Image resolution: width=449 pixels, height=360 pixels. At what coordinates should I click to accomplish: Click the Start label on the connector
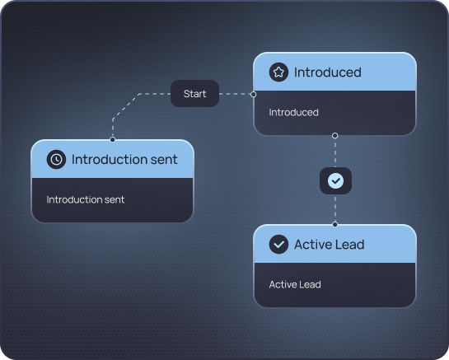pyautogui.click(x=194, y=94)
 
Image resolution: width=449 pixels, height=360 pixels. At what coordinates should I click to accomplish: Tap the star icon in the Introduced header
pyautogui.click(x=278, y=72)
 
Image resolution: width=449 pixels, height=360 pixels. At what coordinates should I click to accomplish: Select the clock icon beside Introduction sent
pyautogui.click(x=56, y=159)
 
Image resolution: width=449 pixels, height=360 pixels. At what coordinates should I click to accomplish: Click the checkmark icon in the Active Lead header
pyautogui.click(x=278, y=245)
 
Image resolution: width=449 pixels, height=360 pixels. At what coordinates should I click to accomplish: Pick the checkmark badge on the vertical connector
pyautogui.click(x=335, y=180)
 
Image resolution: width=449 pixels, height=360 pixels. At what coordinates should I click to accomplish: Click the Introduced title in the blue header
pyautogui.click(x=328, y=72)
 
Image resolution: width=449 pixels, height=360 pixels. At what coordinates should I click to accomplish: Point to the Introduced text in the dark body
pyautogui.click(x=293, y=112)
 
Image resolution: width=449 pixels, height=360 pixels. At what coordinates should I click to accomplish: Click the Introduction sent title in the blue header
pyautogui.click(x=124, y=160)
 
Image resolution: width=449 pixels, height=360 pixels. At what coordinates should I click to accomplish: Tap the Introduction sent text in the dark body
pyautogui.click(x=86, y=199)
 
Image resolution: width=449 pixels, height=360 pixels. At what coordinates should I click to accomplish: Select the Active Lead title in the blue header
pyautogui.click(x=330, y=245)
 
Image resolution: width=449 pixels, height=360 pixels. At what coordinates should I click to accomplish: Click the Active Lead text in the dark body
pyautogui.click(x=295, y=284)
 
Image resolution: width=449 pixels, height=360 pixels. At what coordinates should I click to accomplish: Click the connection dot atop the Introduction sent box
pyautogui.click(x=113, y=139)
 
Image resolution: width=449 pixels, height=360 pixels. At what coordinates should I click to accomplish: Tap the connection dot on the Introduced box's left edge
pyautogui.click(x=254, y=94)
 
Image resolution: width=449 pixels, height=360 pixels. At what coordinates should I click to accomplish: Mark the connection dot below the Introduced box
pyautogui.click(x=334, y=135)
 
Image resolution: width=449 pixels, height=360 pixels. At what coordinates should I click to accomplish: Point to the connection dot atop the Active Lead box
pyautogui.click(x=335, y=225)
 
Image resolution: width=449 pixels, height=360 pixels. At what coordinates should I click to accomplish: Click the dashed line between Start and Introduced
pyautogui.click(x=235, y=94)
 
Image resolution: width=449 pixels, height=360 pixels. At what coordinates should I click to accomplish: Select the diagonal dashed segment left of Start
pyautogui.click(x=126, y=106)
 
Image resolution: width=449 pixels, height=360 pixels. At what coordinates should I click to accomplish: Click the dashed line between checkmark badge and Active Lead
pyautogui.click(x=335, y=208)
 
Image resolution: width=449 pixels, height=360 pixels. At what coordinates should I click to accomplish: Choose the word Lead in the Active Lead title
pyautogui.click(x=350, y=245)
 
